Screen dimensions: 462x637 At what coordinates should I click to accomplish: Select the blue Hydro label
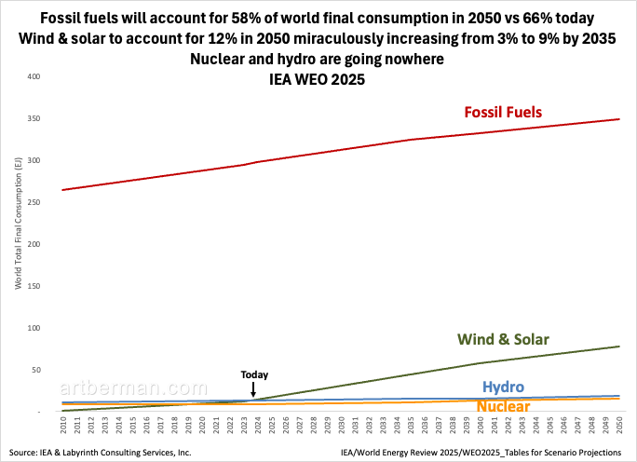[x=503, y=387]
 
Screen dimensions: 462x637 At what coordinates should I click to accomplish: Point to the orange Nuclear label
[x=504, y=406]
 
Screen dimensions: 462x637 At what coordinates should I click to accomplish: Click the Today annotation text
[x=254, y=374]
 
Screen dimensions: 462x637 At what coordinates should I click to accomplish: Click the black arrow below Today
[x=254, y=389]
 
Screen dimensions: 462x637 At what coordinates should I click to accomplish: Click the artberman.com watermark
[x=121, y=388]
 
